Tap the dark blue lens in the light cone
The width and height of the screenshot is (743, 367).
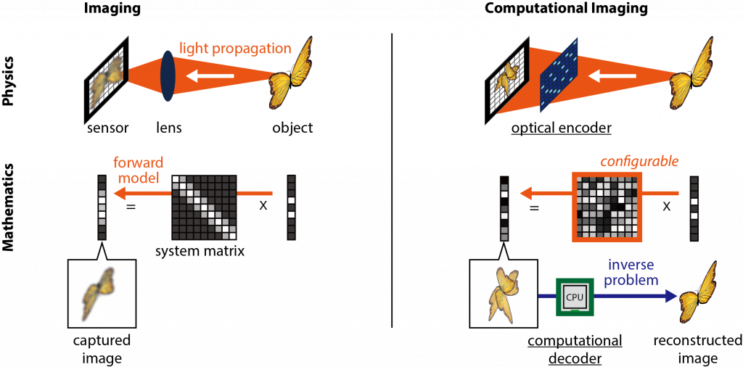(x=168, y=75)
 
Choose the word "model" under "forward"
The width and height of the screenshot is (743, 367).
(x=134, y=177)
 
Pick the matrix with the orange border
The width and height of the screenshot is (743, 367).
(x=607, y=206)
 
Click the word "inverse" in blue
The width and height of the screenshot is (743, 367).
(x=631, y=266)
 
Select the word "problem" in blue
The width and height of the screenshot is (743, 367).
(x=631, y=280)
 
